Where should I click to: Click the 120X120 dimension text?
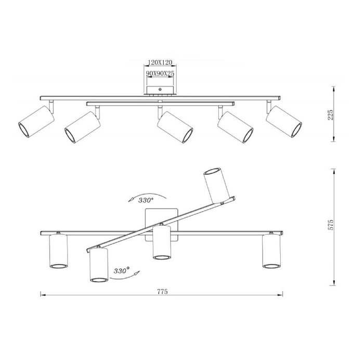(x=160, y=62)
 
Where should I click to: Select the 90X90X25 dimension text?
(x=160, y=74)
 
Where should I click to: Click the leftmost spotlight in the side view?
(x=36, y=122)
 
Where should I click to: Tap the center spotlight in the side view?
(x=175, y=126)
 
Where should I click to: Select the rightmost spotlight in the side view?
(x=284, y=123)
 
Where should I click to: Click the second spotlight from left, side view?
(x=82, y=127)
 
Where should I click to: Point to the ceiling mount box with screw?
(x=160, y=90)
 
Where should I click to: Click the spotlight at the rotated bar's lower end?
(x=98, y=266)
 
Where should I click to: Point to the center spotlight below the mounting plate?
(x=162, y=243)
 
